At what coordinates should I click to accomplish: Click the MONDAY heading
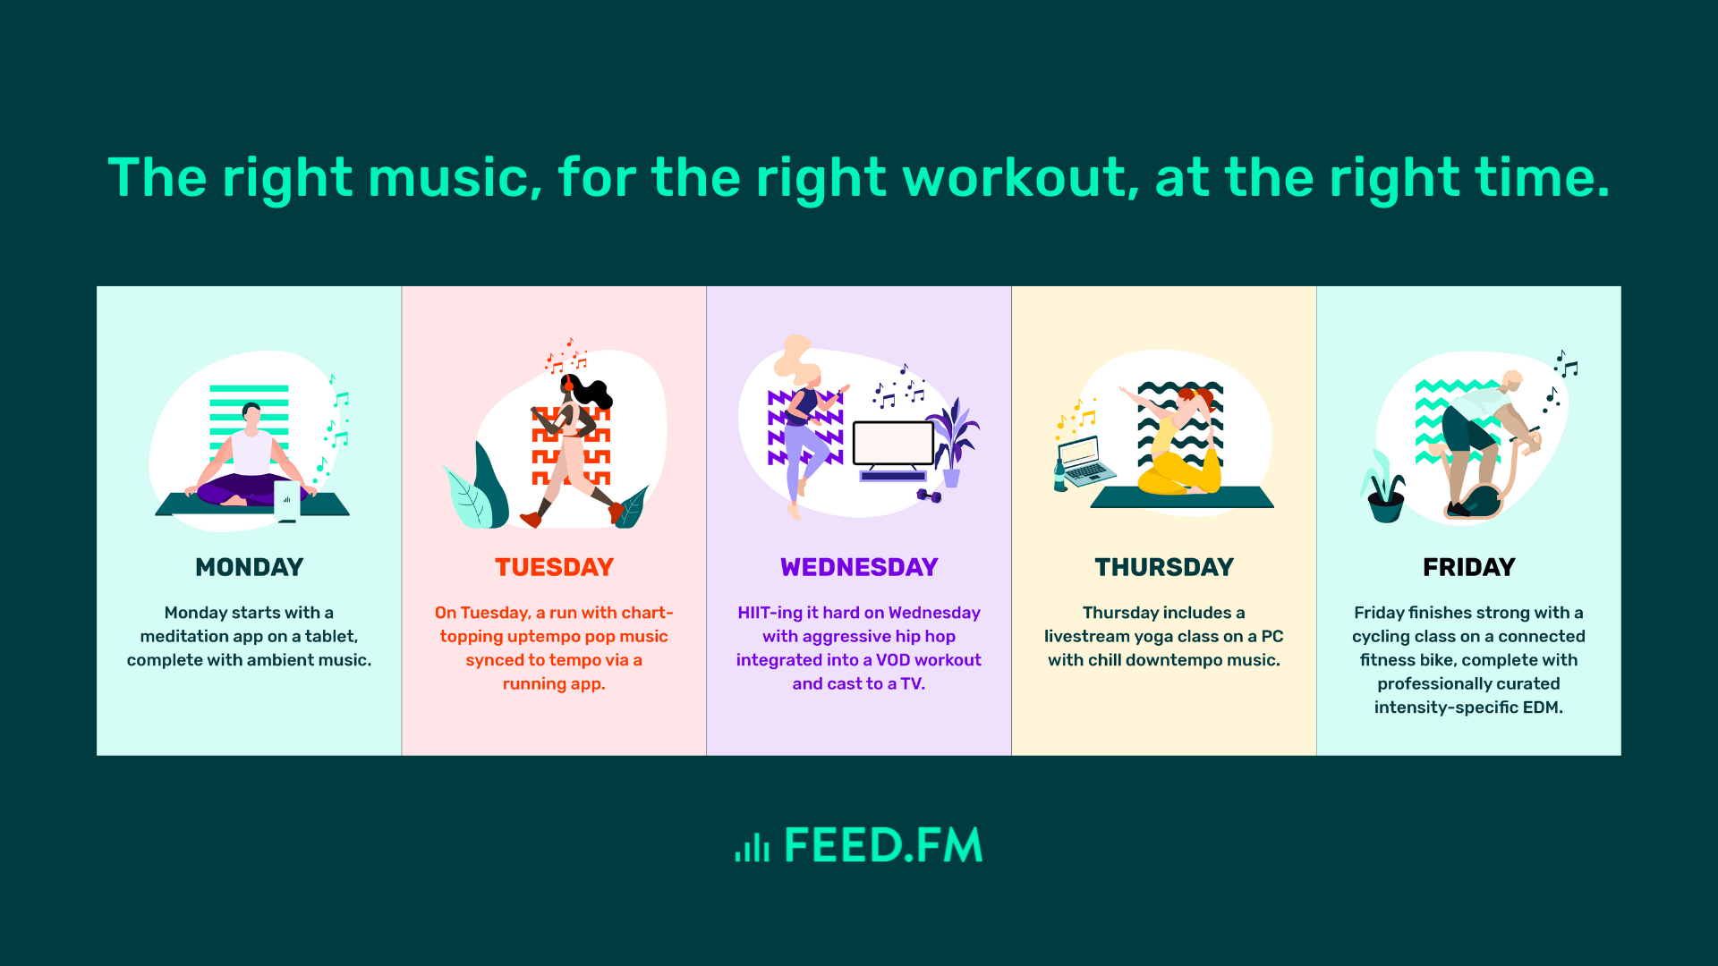tap(250, 567)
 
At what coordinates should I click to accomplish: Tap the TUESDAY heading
tap(554, 567)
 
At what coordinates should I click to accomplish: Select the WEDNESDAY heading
tap(859, 567)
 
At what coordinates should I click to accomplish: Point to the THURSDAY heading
tap(1164, 567)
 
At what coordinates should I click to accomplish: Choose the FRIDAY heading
tap(1468, 567)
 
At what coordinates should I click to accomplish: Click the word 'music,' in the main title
tap(455, 179)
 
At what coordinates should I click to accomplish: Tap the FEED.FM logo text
tap(883, 845)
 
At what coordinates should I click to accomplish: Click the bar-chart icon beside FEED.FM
tap(752, 847)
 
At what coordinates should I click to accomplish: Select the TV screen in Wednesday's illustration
tap(893, 443)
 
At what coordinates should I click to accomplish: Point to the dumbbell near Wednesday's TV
tap(929, 496)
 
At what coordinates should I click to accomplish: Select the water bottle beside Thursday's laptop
tap(1060, 477)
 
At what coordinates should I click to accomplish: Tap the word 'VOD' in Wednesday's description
tap(892, 660)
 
